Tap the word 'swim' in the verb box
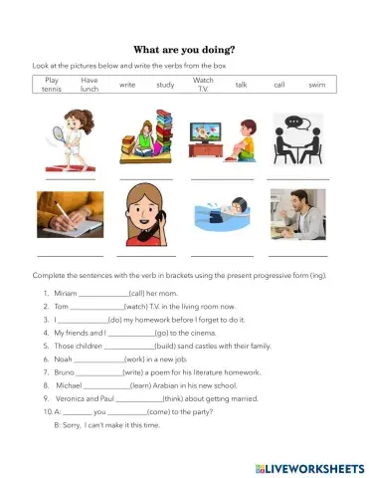pos(316,85)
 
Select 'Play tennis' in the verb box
pos(53,84)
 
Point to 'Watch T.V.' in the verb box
pos(203,84)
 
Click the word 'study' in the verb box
pos(165,85)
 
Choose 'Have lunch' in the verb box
pos(90,84)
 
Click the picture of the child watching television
pos(221,144)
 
